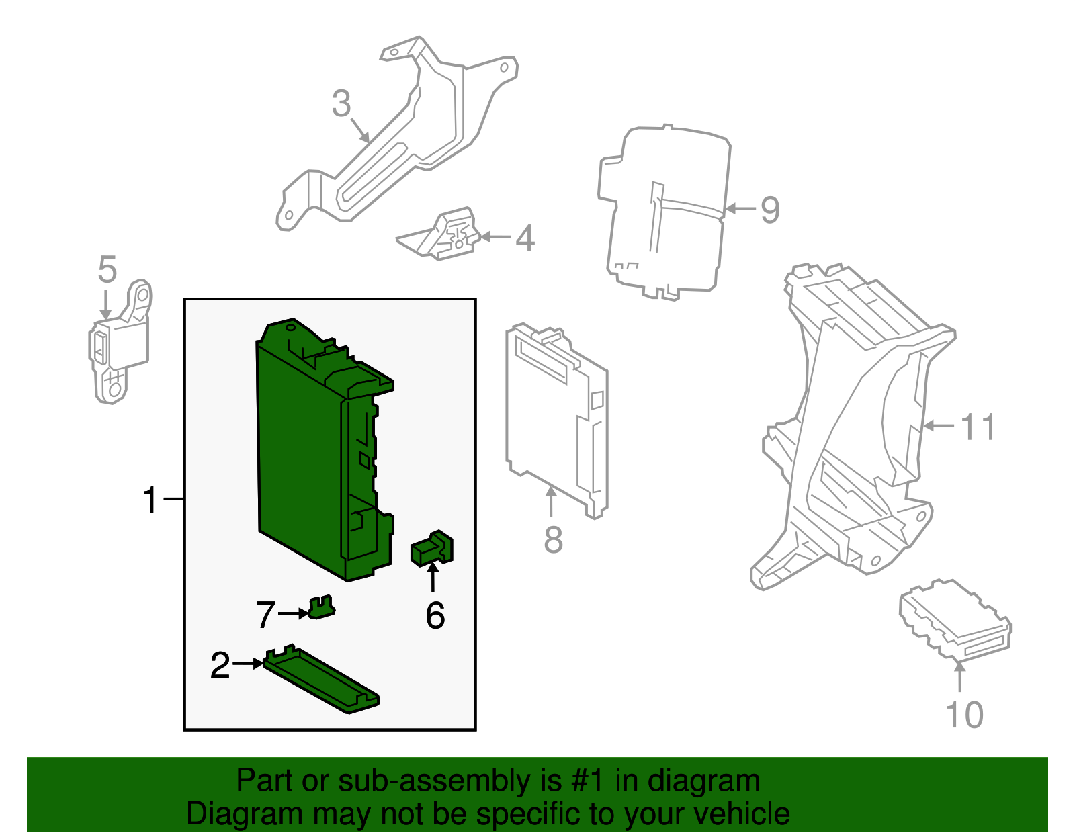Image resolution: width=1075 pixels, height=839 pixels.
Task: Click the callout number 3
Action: (x=341, y=104)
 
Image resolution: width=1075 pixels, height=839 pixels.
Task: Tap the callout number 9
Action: (x=770, y=210)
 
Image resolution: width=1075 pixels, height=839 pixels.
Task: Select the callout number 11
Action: (x=978, y=427)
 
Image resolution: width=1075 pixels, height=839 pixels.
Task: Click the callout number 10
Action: (x=964, y=715)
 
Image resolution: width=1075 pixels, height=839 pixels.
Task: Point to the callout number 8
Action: (x=553, y=540)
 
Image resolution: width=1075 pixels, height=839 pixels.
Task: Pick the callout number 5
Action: (x=107, y=269)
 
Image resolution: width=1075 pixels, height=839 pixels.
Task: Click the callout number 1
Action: (x=150, y=500)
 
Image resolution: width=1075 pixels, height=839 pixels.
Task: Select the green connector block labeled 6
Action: (x=432, y=547)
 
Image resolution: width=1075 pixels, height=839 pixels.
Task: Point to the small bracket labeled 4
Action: (x=443, y=236)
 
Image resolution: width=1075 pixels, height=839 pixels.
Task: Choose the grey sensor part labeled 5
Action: (x=120, y=343)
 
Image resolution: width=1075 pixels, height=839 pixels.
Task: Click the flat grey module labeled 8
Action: (x=554, y=416)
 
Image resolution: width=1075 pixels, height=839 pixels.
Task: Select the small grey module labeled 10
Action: (x=954, y=618)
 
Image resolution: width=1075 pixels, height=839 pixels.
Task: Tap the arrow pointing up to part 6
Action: (x=433, y=578)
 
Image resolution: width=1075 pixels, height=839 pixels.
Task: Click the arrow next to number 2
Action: (x=249, y=664)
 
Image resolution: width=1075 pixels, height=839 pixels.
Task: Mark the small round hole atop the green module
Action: (x=290, y=328)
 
